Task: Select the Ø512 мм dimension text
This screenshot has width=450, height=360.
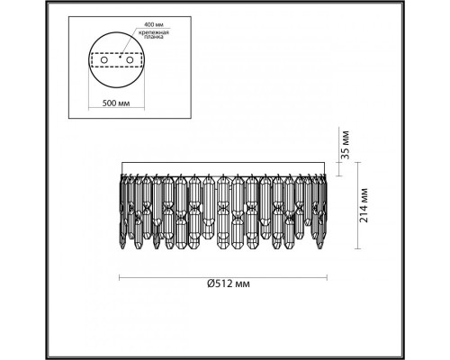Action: tap(229, 284)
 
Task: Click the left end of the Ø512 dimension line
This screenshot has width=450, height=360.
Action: tap(121, 274)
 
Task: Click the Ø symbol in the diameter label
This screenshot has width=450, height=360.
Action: tap(209, 284)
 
